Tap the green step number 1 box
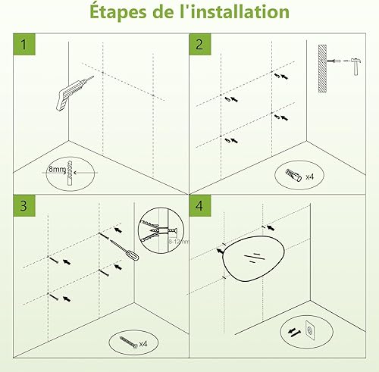click(x=24, y=44)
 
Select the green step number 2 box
click(x=200, y=44)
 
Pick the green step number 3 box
click(x=24, y=205)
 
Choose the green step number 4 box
click(x=200, y=205)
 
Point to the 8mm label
click(x=57, y=169)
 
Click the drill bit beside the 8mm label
click(x=70, y=173)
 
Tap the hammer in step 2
click(x=356, y=66)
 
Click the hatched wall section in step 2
click(x=322, y=68)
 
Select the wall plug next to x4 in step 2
click(x=293, y=175)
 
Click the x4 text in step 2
click(x=309, y=177)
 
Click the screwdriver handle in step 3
click(x=133, y=255)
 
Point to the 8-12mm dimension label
click(x=178, y=242)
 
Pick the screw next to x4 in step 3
click(x=129, y=342)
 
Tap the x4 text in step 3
click(x=143, y=344)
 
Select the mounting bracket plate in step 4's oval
click(x=310, y=330)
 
